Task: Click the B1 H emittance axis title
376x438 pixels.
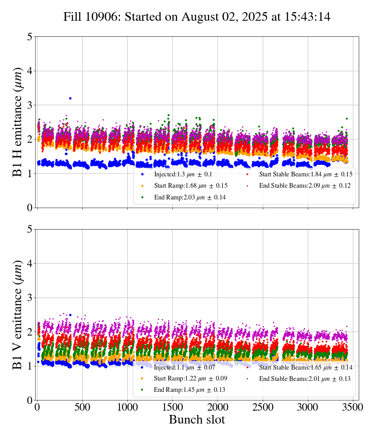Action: pos(18,122)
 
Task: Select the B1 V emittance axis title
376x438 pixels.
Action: pos(18,314)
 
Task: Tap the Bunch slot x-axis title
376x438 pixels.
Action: pos(197,420)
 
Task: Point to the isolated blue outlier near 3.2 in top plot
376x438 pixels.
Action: pos(70,98)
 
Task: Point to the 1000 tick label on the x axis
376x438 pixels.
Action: pos(127,407)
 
